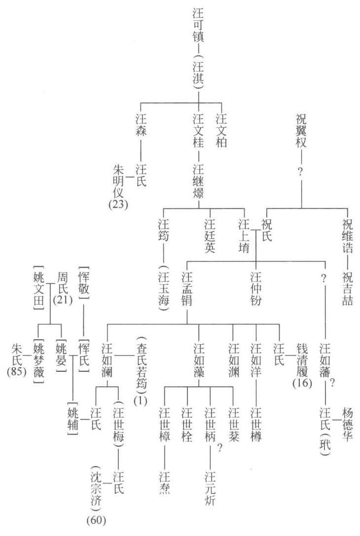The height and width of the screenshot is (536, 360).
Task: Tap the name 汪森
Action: tap(141, 127)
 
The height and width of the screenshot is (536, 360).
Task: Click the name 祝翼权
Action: tap(302, 127)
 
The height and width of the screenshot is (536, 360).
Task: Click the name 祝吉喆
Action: tap(348, 286)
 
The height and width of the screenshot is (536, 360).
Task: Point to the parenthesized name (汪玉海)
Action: tap(164, 286)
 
